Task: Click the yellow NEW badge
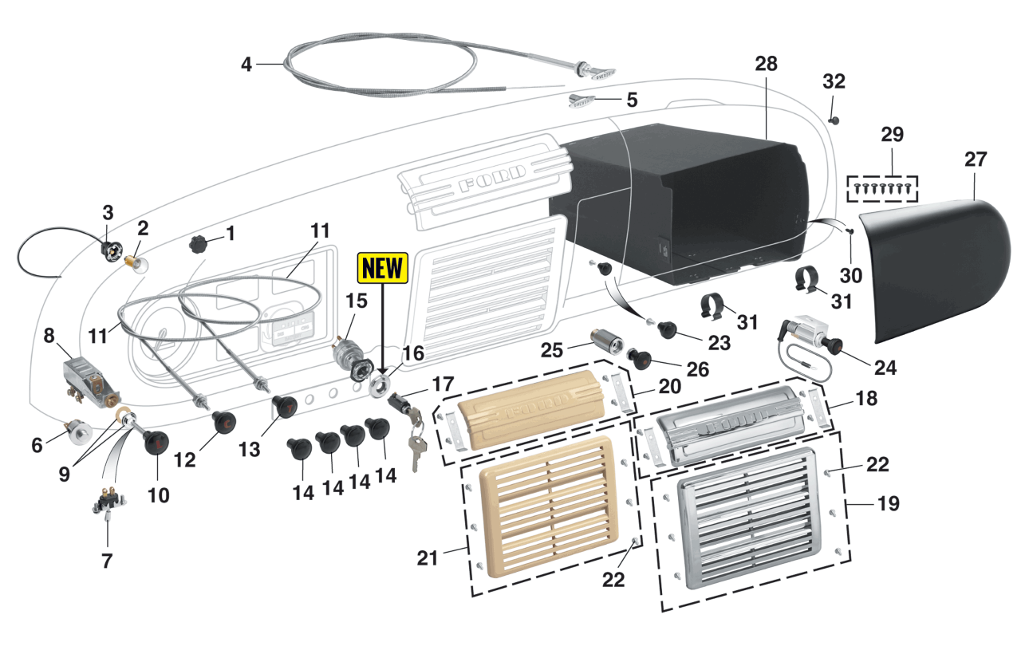click(x=384, y=268)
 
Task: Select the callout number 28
click(x=765, y=65)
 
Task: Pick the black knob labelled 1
click(x=199, y=243)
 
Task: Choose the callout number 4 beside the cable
click(x=246, y=65)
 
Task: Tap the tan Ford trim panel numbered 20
click(x=526, y=420)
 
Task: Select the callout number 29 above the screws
click(x=892, y=134)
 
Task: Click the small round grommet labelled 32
click(x=834, y=120)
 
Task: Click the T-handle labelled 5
click(x=584, y=100)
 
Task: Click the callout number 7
click(x=107, y=561)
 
